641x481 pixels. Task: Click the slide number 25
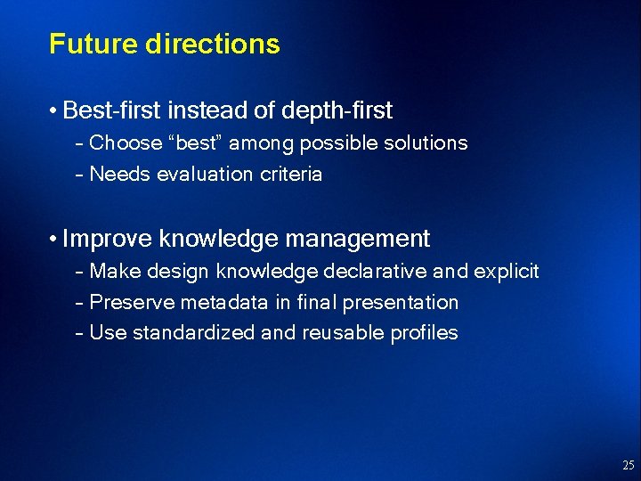pos(629,465)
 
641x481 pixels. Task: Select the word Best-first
pos(112,110)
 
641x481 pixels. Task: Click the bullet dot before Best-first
pos(54,111)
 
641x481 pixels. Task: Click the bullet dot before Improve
pos(54,240)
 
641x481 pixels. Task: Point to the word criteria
pos(290,174)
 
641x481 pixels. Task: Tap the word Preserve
pos(133,302)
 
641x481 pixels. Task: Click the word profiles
pos(425,333)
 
